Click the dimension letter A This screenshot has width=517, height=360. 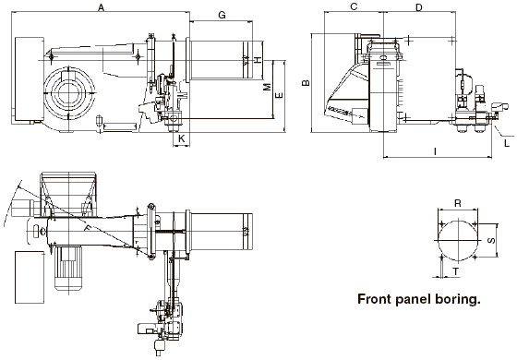pyautogui.click(x=102, y=7)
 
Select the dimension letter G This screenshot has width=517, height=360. pyautogui.click(x=222, y=15)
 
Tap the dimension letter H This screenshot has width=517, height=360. pyautogui.click(x=258, y=60)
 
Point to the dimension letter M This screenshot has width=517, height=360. pyautogui.click(x=268, y=87)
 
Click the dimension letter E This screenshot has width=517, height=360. pyautogui.click(x=279, y=95)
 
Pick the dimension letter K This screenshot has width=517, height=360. pyautogui.click(x=181, y=138)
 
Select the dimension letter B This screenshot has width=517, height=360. pyautogui.click(x=306, y=83)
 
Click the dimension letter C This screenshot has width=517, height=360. pyautogui.click(x=354, y=6)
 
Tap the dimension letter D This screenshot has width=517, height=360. pyautogui.click(x=419, y=7)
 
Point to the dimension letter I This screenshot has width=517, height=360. pyautogui.click(x=435, y=151)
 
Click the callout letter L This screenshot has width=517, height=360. pyautogui.click(x=507, y=143)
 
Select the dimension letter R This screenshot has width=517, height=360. pyautogui.click(x=458, y=203)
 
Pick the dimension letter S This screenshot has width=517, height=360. pyautogui.click(x=491, y=241)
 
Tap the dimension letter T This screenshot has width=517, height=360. pyautogui.click(x=456, y=271)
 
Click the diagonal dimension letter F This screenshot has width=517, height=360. pyautogui.click(x=88, y=228)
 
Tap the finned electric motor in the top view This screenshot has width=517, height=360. pyautogui.click(x=68, y=268)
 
